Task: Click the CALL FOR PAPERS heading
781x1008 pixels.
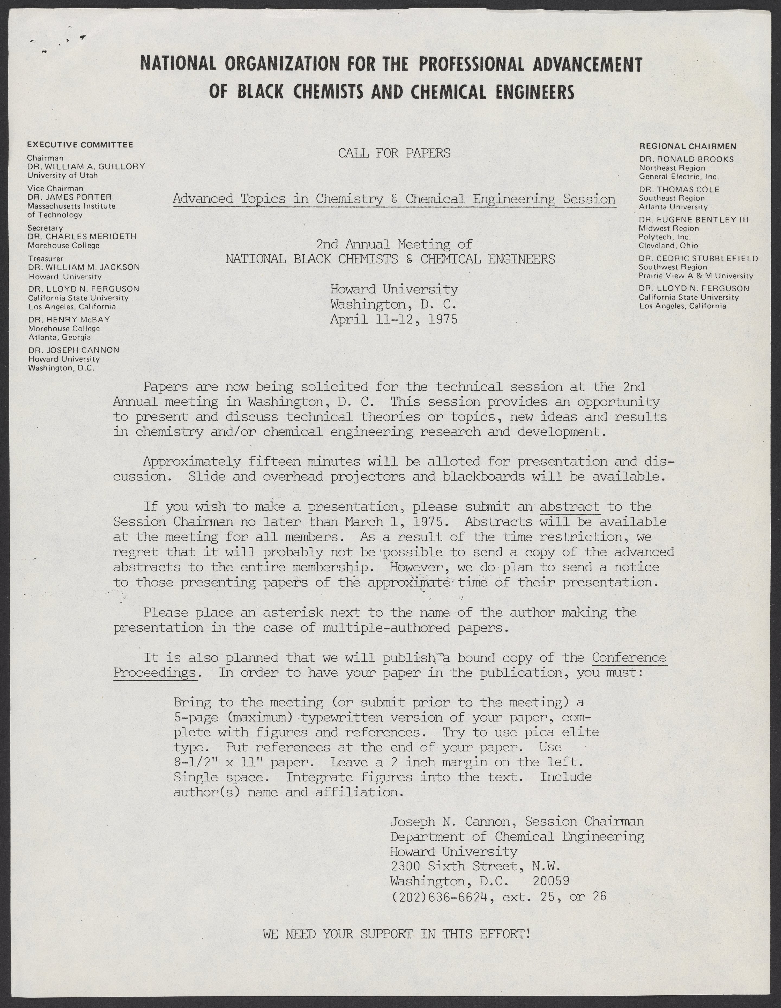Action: click(x=394, y=153)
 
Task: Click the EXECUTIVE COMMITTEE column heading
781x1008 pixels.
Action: click(x=80, y=145)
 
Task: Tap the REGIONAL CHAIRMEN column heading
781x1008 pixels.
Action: click(x=687, y=146)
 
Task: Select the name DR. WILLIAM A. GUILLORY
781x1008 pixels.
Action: click(x=86, y=166)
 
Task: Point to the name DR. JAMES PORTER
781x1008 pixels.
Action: click(x=69, y=197)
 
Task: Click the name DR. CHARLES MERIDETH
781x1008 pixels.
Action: click(x=82, y=236)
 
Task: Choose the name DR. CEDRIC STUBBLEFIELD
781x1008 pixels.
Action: click(x=698, y=258)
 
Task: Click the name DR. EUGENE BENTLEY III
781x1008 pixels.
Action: click(x=694, y=220)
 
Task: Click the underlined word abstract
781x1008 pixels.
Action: click(x=569, y=507)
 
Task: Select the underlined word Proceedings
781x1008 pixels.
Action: click(x=155, y=673)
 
